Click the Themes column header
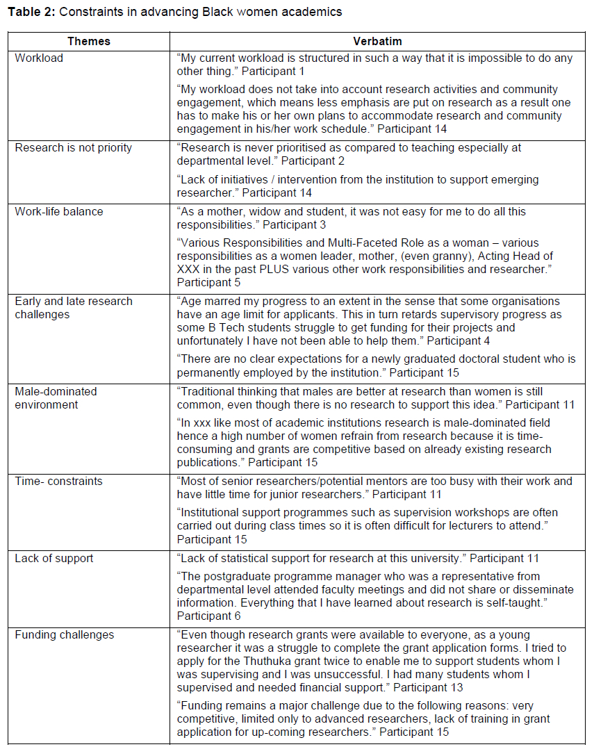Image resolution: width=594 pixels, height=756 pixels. click(89, 41)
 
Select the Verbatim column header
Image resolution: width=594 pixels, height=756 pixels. click(376, 41)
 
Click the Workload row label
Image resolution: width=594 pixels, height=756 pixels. click(39, 58)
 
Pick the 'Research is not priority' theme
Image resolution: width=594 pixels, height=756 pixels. click(73, 147)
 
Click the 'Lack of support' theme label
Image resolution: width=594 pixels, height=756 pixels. click(54, 558)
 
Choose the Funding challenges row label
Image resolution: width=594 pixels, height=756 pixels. click(65, 634)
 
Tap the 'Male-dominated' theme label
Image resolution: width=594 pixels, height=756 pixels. click(56, 391)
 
